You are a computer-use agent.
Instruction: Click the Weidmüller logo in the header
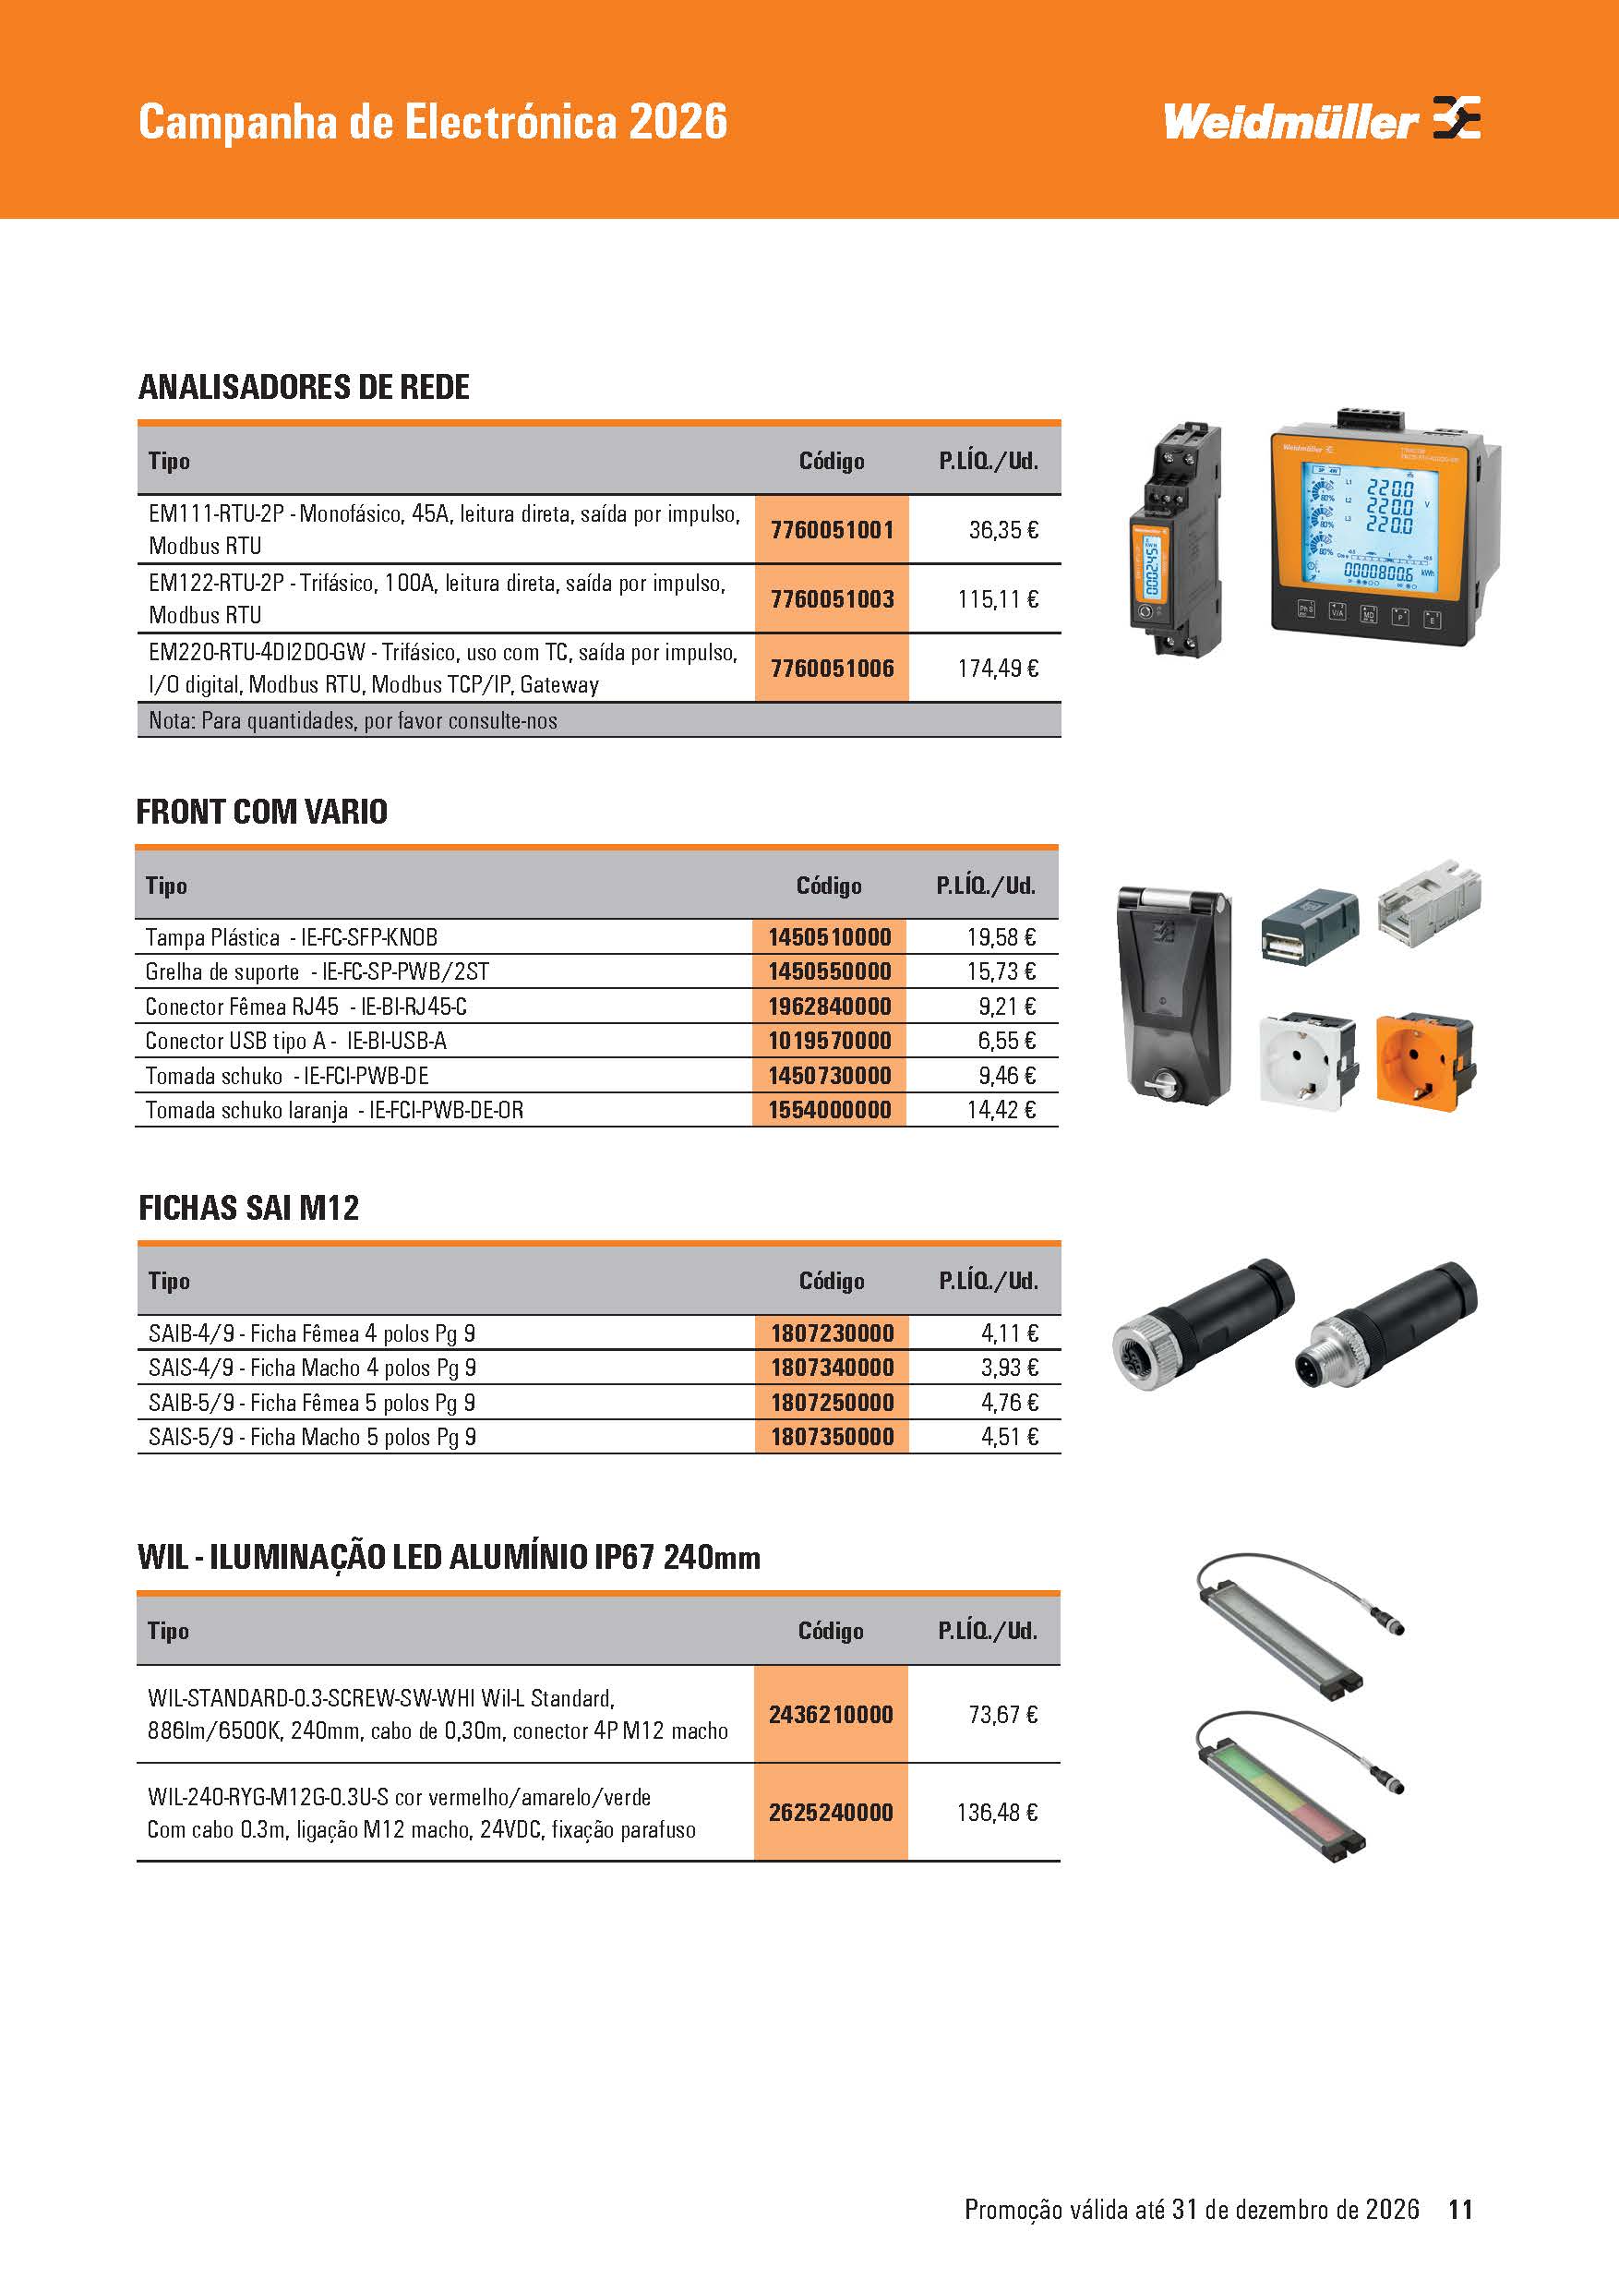[x=1321, y=121]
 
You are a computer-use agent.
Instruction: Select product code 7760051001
[x=832, y=530]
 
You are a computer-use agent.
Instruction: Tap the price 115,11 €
[x=998, y=599]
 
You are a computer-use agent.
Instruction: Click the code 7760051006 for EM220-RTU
[x=832, y=669]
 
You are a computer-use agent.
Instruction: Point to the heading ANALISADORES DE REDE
[x=304, y=387]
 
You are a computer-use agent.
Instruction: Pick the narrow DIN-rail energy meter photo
[x=1174, y=539]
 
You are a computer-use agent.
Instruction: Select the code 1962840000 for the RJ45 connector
[x=829, y=1006]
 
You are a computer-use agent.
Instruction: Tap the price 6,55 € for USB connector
[x=1005, y=1041]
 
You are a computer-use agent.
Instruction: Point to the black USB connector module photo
[x=1309, y=923]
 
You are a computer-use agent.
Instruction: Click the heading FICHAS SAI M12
[x=248, y=1209]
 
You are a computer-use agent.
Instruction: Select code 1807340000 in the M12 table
[x=832, y=1368]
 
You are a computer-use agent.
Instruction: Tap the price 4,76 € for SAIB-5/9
[x=1009, y=1403]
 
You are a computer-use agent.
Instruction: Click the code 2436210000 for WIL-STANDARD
[x=830, y=1714]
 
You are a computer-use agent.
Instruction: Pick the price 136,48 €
[x=997, y=1812]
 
